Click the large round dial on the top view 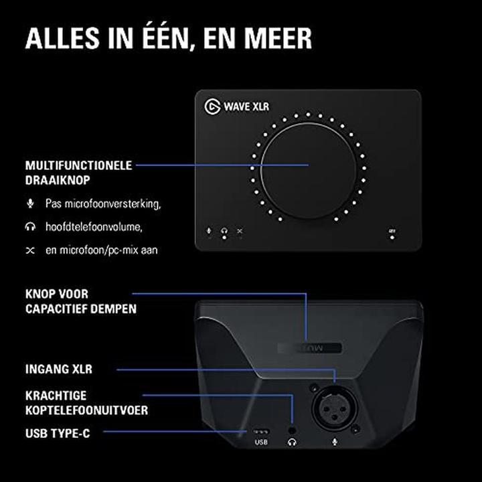(309, 165)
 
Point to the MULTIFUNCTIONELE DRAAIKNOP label (78, 171)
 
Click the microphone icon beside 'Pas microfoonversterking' (29, 202)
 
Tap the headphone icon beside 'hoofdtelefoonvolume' (29, 226)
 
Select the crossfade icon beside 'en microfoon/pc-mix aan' (29, 250)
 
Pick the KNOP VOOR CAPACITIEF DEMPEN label (80, 301)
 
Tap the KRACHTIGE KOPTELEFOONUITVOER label (86, 402)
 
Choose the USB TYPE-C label (57, 433)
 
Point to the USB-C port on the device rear (260, 430)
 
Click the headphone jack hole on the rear (292, 429)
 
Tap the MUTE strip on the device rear (307, 348)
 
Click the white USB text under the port (261, 443)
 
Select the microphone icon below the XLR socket (335, 443)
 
